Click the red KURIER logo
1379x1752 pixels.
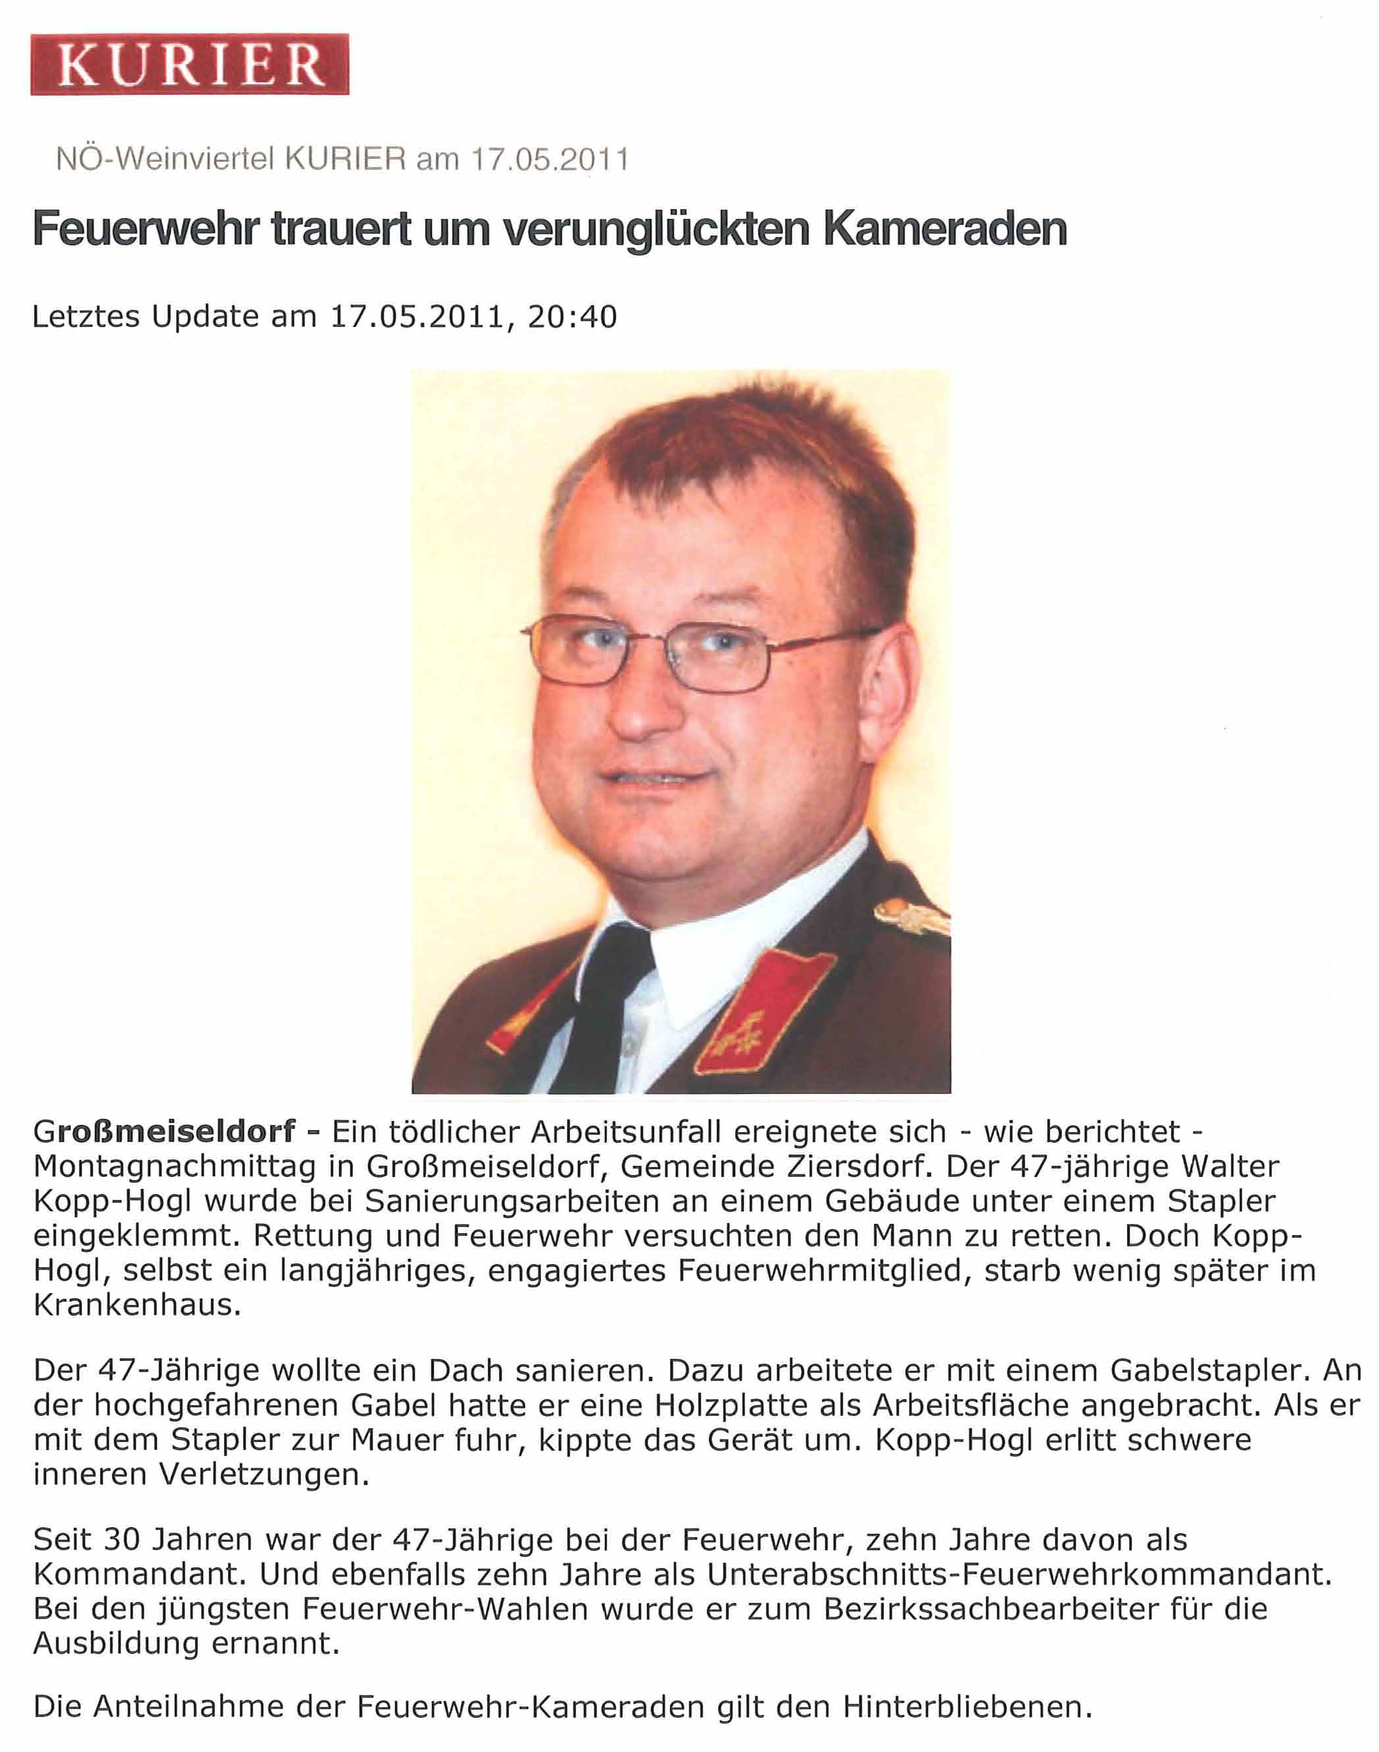click(190, 65)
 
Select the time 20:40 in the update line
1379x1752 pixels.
click(572, 317)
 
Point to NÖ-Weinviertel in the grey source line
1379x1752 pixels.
click(166, 159)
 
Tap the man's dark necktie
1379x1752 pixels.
click(613, 1001)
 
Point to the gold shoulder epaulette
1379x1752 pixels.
click(912, 917)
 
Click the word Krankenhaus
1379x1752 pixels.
click(137, 1306)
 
